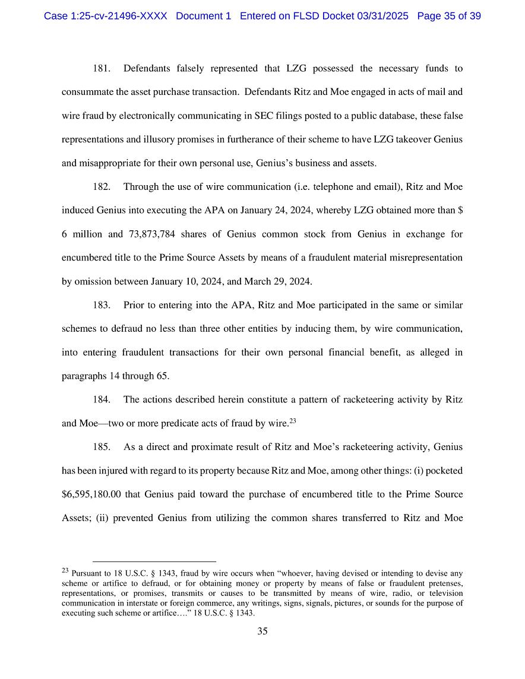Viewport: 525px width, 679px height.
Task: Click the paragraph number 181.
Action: pos(101,69)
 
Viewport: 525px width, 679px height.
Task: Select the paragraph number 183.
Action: pos(101,305)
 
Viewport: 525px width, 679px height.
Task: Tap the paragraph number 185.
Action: pos(101,447)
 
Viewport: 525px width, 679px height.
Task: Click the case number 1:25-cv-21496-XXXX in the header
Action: pos(106,16)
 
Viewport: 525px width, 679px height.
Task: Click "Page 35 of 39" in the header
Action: pos(449,16)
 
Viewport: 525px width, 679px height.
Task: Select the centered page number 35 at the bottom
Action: pos(262,632)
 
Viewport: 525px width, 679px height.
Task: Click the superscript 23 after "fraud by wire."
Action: pos(292,421)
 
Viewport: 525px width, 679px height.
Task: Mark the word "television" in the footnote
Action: pos(445,593)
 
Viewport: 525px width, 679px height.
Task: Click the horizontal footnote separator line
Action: pos(154,561)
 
